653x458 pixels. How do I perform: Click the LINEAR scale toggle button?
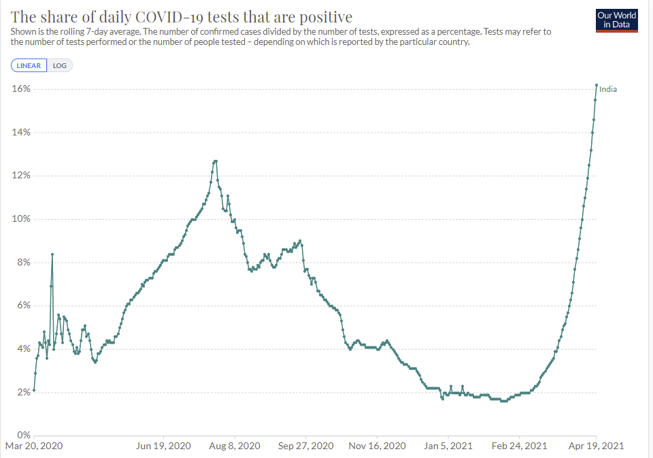(29, 66)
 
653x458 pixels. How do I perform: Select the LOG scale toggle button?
(60, 66)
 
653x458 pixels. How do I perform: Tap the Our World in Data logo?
(616, 20)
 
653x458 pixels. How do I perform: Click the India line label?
(608, 89)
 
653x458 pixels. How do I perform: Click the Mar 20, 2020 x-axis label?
(34, 446)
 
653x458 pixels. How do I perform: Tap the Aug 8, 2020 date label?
(235, 446)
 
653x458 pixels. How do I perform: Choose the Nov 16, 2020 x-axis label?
(378, 446)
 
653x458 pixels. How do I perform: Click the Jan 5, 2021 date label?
(448, 446)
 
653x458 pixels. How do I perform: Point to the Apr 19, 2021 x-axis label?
(596, 446)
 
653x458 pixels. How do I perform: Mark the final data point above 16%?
(597, 85)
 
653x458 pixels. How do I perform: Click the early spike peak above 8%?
(52, 255)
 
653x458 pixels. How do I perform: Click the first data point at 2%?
(34, 391)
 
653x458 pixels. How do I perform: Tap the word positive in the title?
(327, 16)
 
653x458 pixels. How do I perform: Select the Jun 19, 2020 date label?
(164, 446)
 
